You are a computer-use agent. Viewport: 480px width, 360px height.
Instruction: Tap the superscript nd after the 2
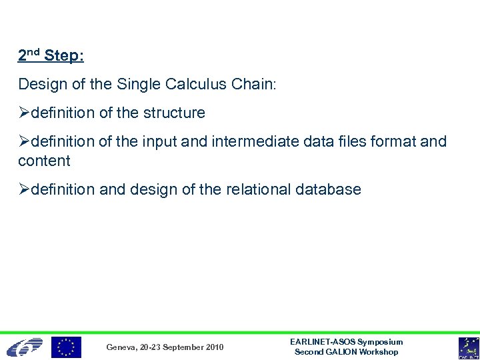(x=34, y=51)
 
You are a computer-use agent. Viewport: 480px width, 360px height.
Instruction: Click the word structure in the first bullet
(x=170, y=113)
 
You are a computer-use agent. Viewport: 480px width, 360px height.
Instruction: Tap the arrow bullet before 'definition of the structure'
(x=24, y=113)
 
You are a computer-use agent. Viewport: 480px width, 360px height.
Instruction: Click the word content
(x=44, y=161)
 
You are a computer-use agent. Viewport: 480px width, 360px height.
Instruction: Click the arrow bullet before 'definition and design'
(x=24, y=189)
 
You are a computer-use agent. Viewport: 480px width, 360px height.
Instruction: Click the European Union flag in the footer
(x=67, y=347)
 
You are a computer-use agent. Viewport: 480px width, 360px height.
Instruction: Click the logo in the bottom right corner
(x=468, y=347)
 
